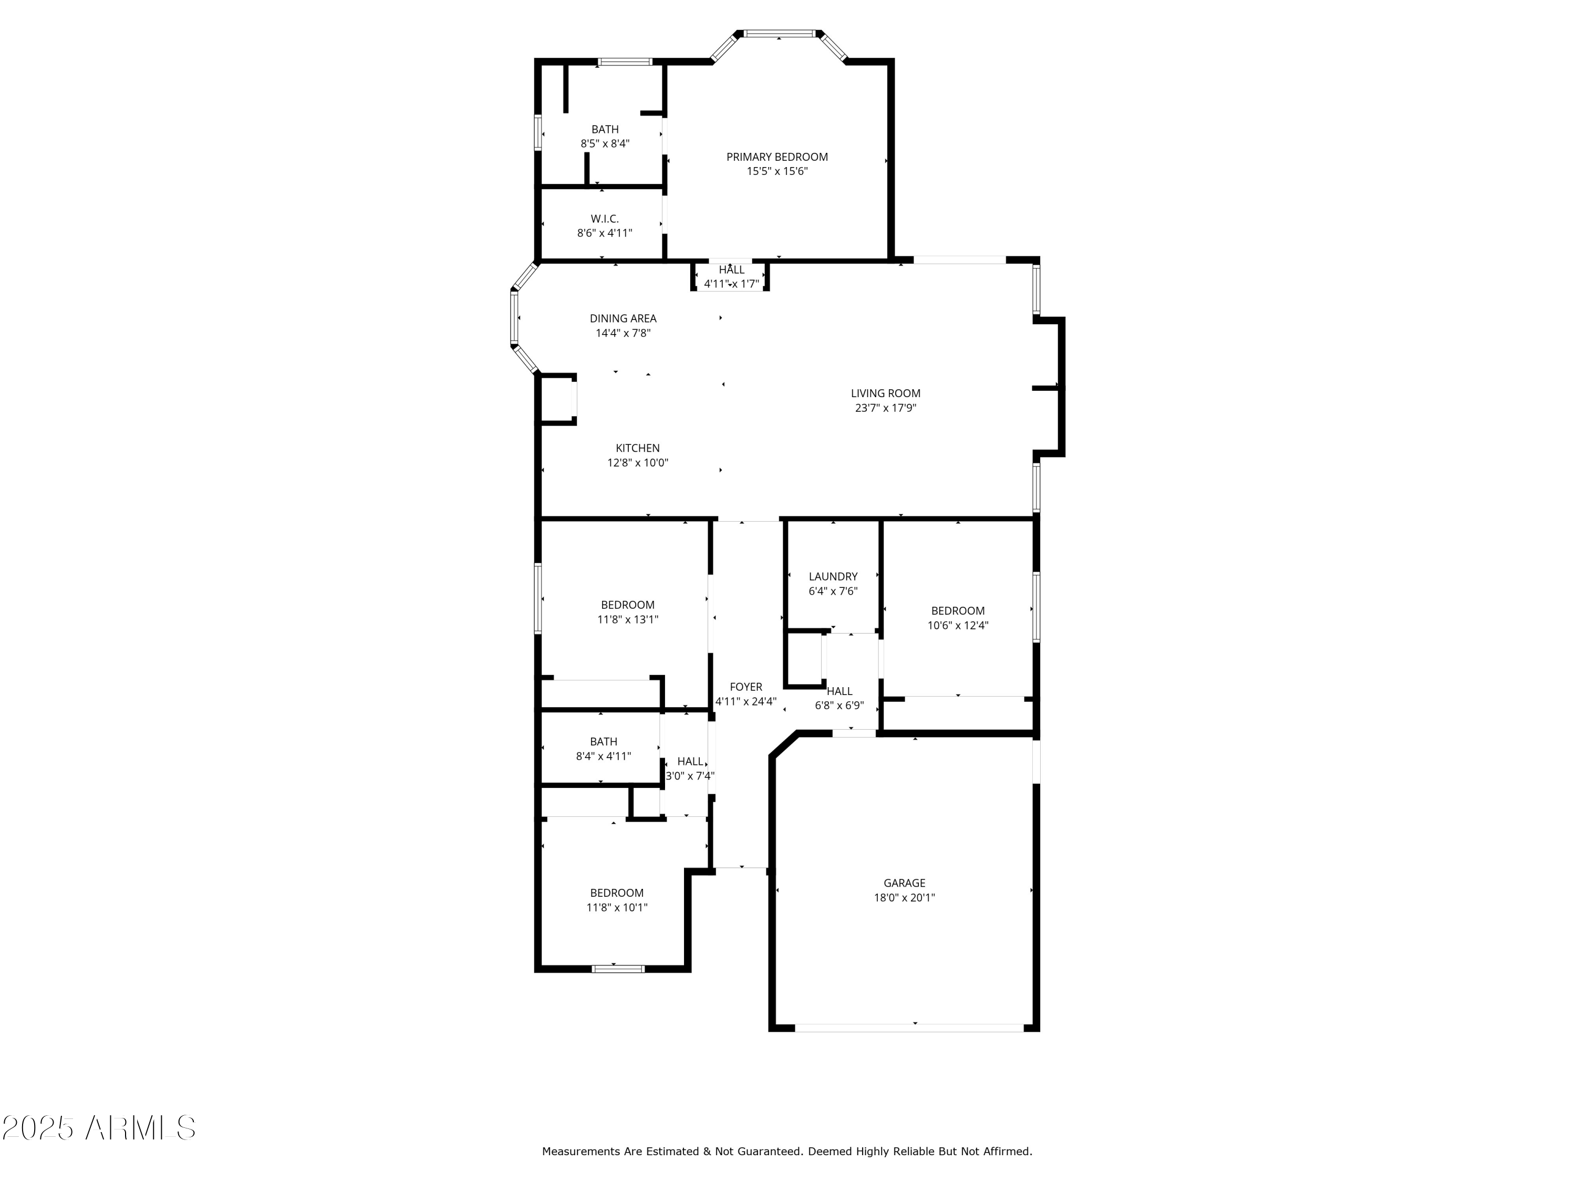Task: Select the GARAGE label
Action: point(904,883)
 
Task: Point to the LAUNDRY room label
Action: point(833,576)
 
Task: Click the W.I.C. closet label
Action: point(604,219)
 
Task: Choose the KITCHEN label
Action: point(638,448)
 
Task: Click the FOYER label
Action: point(746,687)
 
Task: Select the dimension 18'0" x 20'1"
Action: point(904,898)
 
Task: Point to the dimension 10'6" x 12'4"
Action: point(958,626)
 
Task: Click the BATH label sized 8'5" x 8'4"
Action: point(605,129)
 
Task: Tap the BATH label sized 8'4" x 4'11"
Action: point(604,742)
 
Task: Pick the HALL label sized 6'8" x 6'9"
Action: point(839,691)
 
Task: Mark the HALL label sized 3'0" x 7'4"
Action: point(690,762)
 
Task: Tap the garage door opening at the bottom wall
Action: point(909,1028)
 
